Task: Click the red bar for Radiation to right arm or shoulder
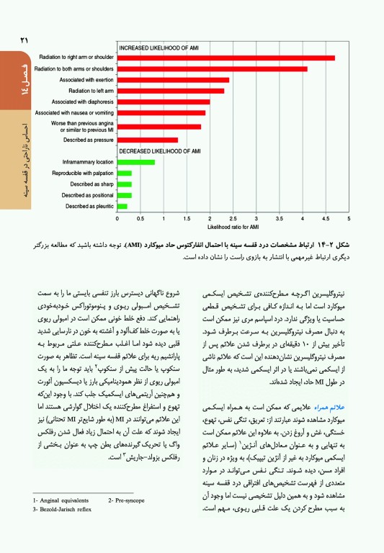click(x=225, y=58)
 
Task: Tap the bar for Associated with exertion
click(x=172, y=80)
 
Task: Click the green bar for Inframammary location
click(x=135, y=162)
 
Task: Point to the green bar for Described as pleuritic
click(x=122, y=207)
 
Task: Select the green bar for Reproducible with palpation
click(x=124, y=173)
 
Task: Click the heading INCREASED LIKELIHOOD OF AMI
click(x=158, y=48)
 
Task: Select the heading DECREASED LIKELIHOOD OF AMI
click(x=159, y=151)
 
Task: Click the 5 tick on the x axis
click(x=349, y=217)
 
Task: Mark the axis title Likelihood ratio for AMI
click(x=232, y=226)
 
